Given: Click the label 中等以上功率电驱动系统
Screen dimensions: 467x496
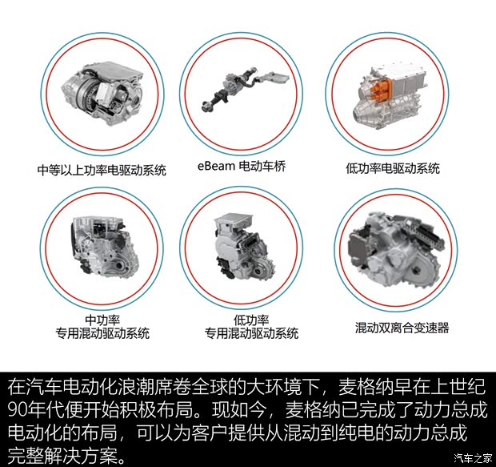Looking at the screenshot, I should pyautogui.click(x=102, y=170).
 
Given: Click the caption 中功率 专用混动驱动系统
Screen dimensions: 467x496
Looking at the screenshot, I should pyautogui.click(x=104, y=327).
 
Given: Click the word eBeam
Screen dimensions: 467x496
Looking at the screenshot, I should pyautogui.click(x=215, y=167).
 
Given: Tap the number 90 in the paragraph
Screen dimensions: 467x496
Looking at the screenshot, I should pyautogui.click(x=18, y=412).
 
